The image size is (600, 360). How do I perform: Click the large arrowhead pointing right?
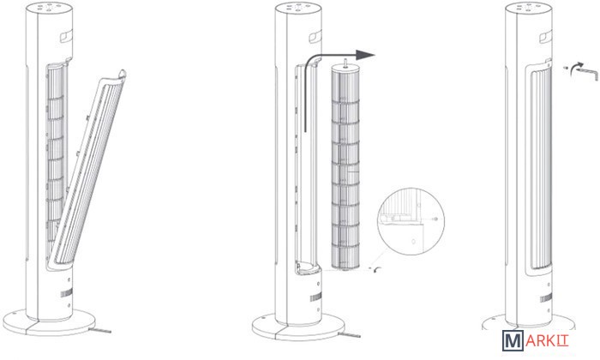tap(364, 55)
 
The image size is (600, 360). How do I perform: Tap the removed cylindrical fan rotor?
tap(345, 166)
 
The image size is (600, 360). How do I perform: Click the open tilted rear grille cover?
tap(89, 168)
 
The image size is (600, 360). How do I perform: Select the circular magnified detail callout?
tap(411, 221)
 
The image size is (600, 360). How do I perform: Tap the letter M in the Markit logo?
tap(513, 341)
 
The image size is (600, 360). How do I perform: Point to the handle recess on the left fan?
tap(66, 36)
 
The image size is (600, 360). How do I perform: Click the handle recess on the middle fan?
tap(315, 37)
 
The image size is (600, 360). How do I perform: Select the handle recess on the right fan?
tap(546, 37)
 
